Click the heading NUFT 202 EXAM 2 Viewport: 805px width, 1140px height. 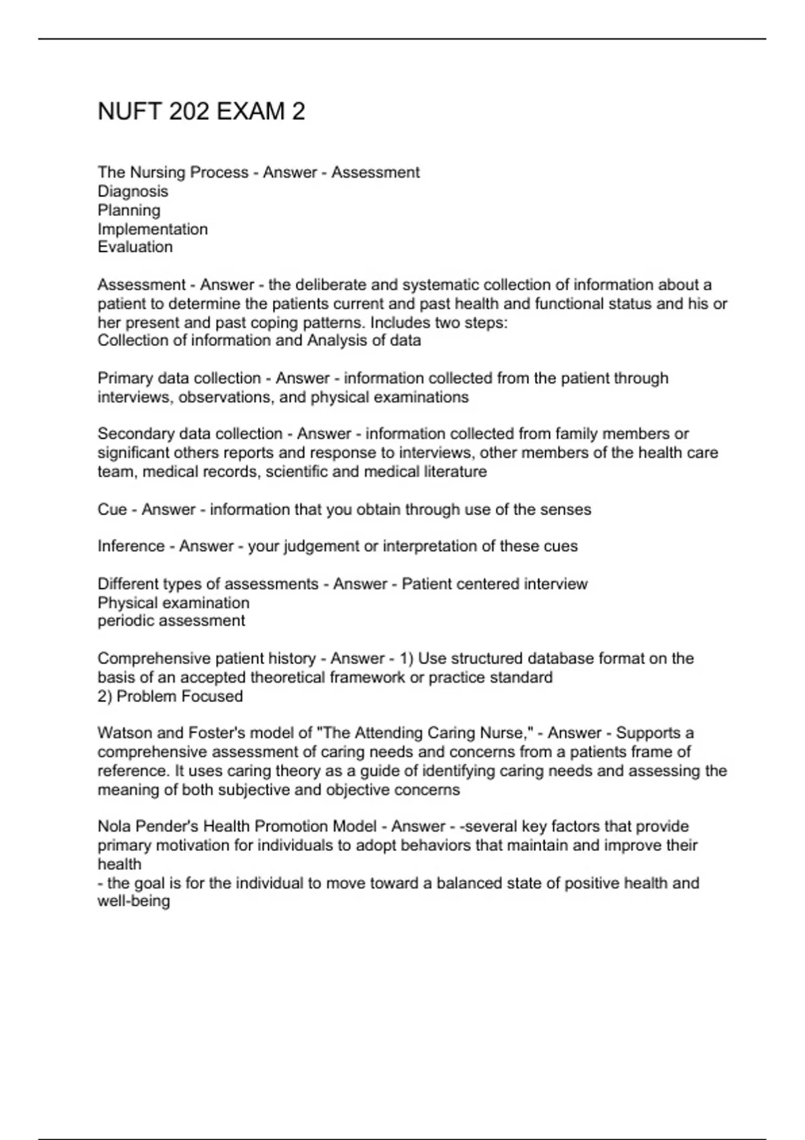pyautogui.click(x=201, y=111)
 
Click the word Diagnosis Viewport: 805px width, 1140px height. pyautogui.click(x=133, y=192)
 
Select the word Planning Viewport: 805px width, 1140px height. pyautogui.click(x=129, y=211)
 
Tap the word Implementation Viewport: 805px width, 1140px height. pyautogui.click(x=152, y=229)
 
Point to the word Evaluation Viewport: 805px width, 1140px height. pyautogui.click(x=135, y=247)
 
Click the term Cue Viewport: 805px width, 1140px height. pyautogui.click(x=112, y=510)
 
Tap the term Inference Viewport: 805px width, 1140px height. pyautogui.click(x=131, y=547)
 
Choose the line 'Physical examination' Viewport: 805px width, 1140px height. pyautogui.click(x=173, y=603)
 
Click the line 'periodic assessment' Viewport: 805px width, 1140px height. pyautogui.click(x=171, y=621)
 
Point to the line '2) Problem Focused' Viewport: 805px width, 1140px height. pyautogui.click(x=170, y=697)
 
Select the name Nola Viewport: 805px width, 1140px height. pyautogui.click(x=115, y=827)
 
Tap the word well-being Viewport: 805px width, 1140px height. pyautogui.click(x=133, y=901)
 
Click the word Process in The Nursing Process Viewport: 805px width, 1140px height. pyautogui.click(x=219, y=173)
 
